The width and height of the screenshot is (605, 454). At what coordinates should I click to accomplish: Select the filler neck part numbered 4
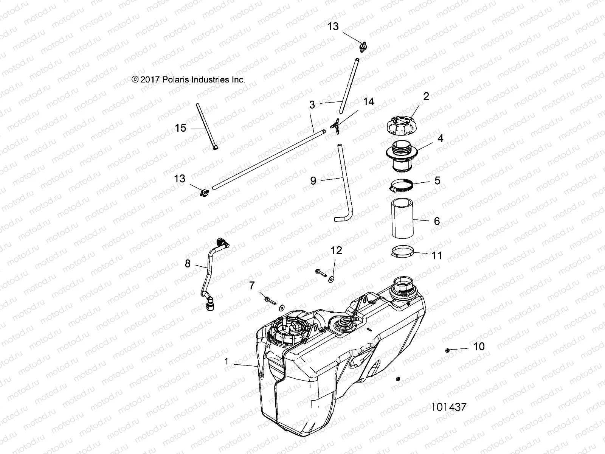coord(404,155)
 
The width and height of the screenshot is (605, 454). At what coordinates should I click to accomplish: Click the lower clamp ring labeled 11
coord(402,252)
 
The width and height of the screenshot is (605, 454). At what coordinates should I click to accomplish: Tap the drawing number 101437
coord(448,407)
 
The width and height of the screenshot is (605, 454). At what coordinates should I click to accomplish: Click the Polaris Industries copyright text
coord(188,79)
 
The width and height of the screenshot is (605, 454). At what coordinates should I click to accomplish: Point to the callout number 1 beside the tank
coord(226,361)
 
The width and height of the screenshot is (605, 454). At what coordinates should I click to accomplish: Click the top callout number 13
coord(333,26)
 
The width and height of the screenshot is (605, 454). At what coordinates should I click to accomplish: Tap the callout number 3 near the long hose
coord(312,105)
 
